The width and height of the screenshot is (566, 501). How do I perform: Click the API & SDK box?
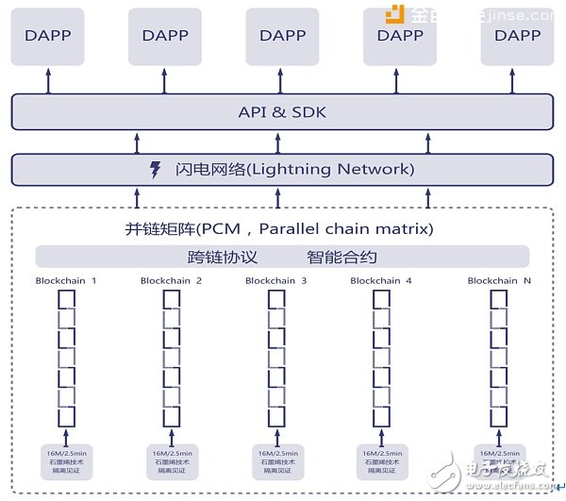click(x=281, y=113)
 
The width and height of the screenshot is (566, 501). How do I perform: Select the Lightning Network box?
click(x=281, y=170)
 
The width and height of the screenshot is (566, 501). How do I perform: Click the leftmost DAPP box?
click(x=49, y=36)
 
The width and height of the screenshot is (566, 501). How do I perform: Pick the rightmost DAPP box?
click(x=517, y=36)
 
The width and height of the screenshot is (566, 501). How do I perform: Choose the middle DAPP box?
click(x=283, y=36)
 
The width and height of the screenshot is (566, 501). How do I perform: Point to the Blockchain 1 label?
click(x=66, y=280)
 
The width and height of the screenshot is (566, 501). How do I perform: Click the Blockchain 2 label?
click(x=172, y=280)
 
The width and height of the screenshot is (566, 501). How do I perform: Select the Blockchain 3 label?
click(x=276, y=280)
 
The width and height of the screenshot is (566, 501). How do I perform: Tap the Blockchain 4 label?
click(x=381, y=280)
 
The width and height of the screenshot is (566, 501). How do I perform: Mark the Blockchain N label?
click(x=498, y=280)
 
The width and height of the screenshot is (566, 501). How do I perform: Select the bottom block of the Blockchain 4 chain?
click(x=381, y=416)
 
